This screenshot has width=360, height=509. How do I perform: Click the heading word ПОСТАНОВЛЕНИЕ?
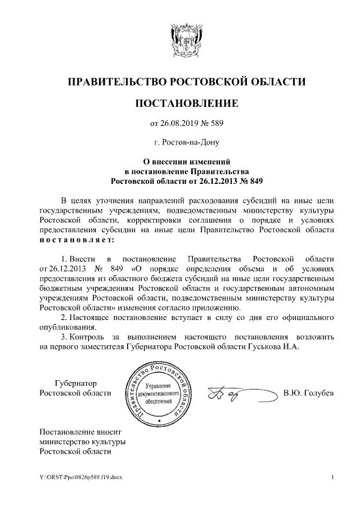pyautogui.click(x=187, y=103)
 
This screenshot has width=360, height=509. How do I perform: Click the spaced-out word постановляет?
pyautogui.click(x=75, y=240)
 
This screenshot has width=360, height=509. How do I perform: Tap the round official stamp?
pyautogui.click(x=159, y=391)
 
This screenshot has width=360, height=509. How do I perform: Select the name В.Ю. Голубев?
pyautogui.click(x=309, y=393)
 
